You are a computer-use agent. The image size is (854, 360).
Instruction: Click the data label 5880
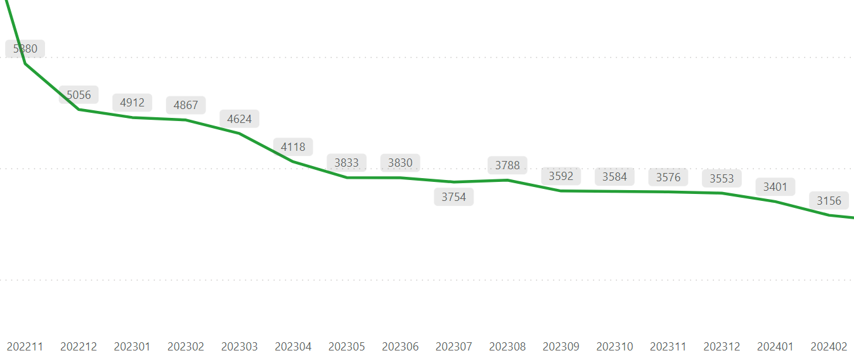(25, 49)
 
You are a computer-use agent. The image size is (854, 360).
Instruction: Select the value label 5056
(79, 95)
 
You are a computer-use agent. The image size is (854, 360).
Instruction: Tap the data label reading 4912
(133, 102)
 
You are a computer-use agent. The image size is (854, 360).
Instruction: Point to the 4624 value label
(240, 119)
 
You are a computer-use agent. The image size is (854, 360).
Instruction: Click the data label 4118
(293, 147)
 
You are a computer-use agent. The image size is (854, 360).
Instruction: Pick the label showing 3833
(347, 163)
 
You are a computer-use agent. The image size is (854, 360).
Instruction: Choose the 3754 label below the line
(454, 197)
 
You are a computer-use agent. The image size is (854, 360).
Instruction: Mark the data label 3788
(507, 165)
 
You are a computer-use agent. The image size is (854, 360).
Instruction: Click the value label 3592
(561, 176)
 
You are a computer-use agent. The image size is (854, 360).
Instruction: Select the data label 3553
(721, 179)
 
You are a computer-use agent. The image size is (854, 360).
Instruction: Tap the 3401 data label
(775, 187)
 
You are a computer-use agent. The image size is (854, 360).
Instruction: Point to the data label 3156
(829, 201)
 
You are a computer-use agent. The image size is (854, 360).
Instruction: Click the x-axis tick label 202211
(25, 347)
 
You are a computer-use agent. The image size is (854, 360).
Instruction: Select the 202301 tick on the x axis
(133, 347)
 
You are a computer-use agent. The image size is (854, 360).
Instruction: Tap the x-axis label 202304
(293, 347)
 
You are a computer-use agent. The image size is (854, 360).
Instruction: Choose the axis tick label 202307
(454, 347)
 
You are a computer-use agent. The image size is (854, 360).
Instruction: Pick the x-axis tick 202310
(614, 347)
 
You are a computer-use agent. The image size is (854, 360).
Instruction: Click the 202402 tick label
(829, 347)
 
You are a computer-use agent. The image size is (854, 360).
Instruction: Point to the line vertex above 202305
(347, 177)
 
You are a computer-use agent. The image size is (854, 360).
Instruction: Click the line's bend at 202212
(79, 110)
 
